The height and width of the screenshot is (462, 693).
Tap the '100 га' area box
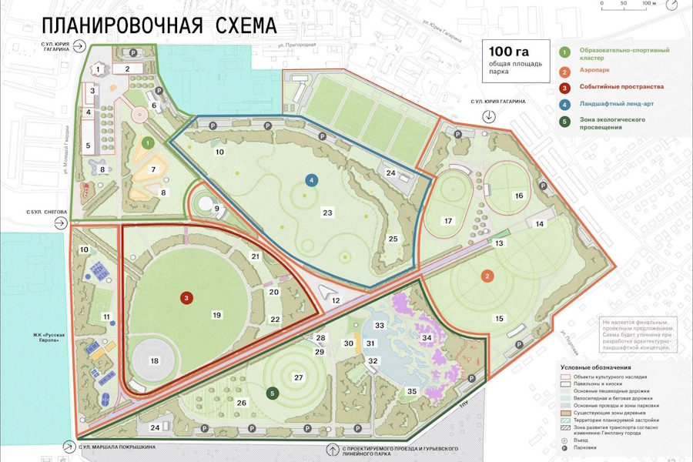click(x=516, y=62)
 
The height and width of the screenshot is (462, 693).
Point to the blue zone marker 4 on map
click(x=311, y=180)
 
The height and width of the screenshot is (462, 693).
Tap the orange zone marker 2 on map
click(x=487, y=276)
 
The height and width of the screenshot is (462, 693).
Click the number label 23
click(x=327, y=213)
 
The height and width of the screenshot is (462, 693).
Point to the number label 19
click(x=217, y=315)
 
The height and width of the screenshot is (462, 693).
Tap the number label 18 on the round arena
click(x=154, y=360)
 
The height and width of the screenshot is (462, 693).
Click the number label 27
click(x=298, y=377)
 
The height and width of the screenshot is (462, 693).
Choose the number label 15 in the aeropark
click(x=499, y=318)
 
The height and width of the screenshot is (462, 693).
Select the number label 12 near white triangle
click(x=336, y=300)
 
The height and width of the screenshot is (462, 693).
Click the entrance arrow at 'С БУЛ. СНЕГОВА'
click(x=60, y=223)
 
